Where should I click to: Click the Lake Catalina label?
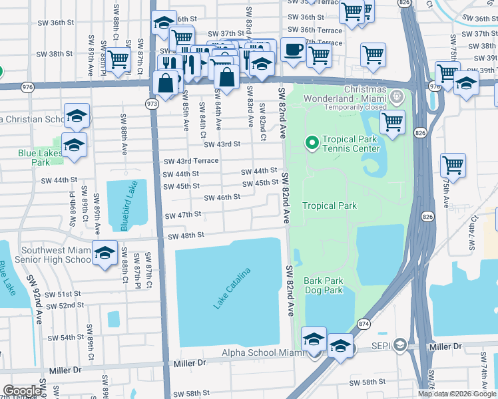coord(232,288)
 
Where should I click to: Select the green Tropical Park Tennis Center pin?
coord(311,142)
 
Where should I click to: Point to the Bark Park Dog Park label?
coord(324,285)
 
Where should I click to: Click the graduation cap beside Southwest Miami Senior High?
coord(105,253)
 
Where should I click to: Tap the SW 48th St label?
coord(185,236)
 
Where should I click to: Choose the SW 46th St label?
coord(222,198)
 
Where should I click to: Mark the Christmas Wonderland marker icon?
coord(397,98)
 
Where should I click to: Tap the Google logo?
coord(21,391)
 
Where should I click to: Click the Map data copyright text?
coord(457,394)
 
